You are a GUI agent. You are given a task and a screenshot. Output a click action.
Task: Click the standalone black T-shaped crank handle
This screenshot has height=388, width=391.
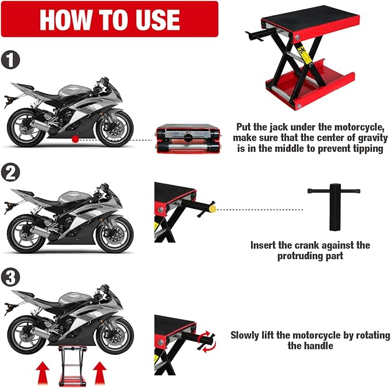point(333,205)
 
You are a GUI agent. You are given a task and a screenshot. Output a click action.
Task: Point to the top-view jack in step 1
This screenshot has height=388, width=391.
point(187,140)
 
